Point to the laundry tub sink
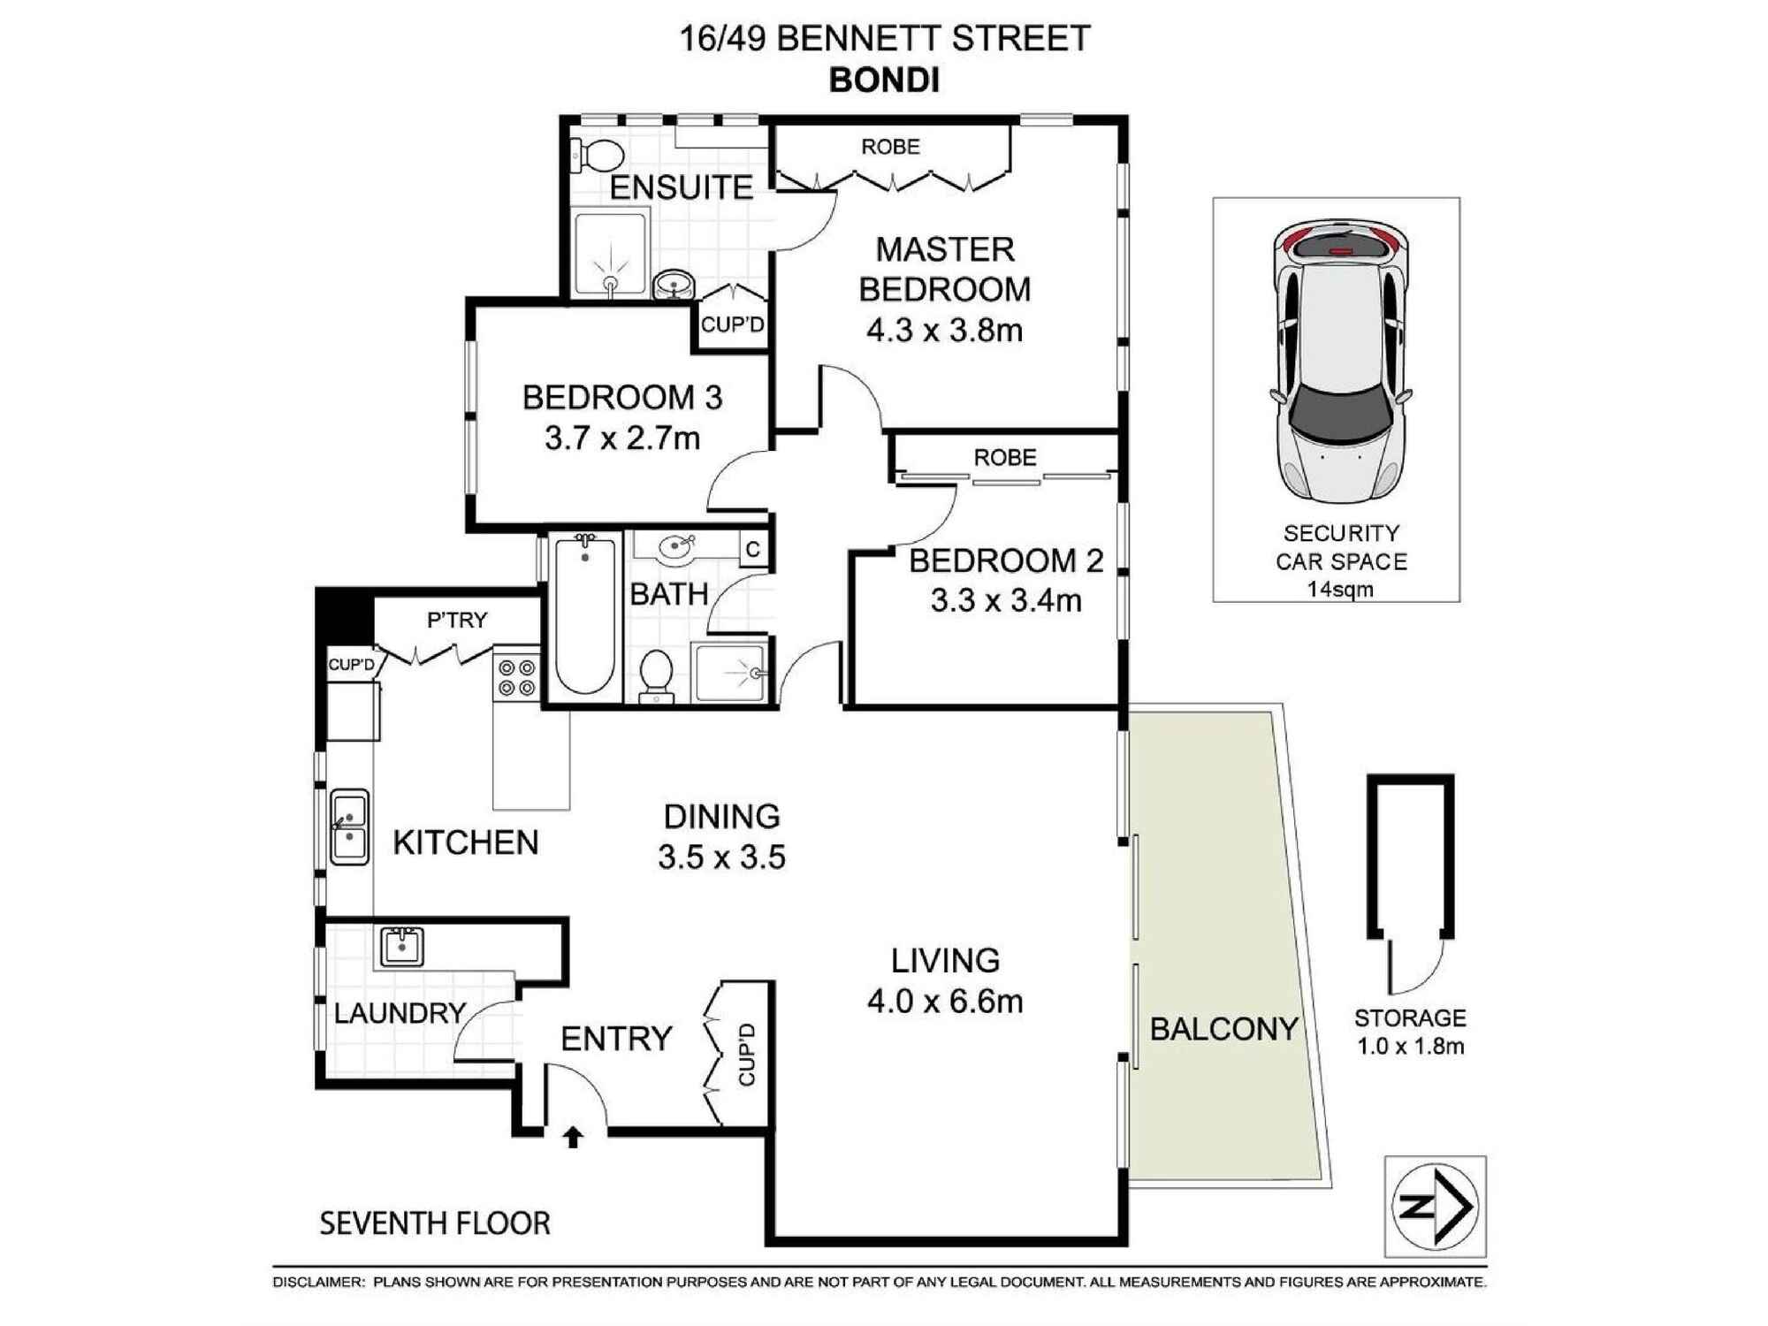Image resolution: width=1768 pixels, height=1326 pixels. pos(402,946)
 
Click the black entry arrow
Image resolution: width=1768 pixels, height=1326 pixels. pos(573,1137)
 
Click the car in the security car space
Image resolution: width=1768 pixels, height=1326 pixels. pos(1341,362)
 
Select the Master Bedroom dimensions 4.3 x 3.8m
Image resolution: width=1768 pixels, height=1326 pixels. pos(944,331)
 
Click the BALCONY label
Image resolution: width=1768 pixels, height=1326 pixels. pos(1223,1029)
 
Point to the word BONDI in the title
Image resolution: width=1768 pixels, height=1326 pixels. pos(884,81)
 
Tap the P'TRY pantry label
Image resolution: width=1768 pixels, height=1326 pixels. pos(457,621)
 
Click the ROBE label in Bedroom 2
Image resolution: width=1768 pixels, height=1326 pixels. pos(1005,458)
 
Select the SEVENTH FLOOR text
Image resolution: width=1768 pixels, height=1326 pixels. pos(435,1223)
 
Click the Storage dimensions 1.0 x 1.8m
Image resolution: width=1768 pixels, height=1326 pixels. pos(1411,1047)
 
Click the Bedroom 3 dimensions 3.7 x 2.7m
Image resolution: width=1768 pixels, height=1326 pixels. pos(622,438)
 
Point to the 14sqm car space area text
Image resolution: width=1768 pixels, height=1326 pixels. pos(1340,590)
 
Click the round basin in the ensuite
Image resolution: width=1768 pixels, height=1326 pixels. pos(674,285)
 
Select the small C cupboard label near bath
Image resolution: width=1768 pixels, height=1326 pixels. pos(753,550)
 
